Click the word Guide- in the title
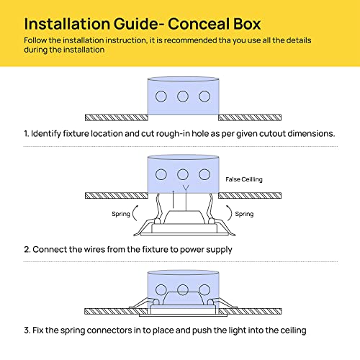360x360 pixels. pyautogui.click(x=139, y=24)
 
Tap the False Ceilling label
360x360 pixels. pyautogui.click(x=244, y=179)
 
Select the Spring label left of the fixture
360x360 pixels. pyautogui.click(x=121, y=214)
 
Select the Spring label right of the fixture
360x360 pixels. pyautogui.click(x=244, y=214)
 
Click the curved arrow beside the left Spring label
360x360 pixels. pyautogui.click(x=134, y=213)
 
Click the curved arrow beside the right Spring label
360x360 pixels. pyautogui.click(x=230, y=213)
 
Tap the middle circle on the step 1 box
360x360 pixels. pyautogui.click(x=183, y=96)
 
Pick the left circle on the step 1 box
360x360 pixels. pyautogui.click(x=161, y=96)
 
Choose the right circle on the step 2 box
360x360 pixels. pyautogui.click(x=204, y=174)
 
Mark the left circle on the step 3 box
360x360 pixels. pyautogui.click(x=161, y=289)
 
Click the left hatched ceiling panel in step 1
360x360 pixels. pyautogui.click(x=117, y=117)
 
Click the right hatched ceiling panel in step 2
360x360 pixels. pyautogui.click(x=250, y=196)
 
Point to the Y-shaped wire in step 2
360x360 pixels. pyautogui.click(x=186, y=198)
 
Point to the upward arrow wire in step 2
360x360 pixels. pyautogui.click(x=174, y=199)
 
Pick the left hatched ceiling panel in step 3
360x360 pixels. pyautogui.click(x=116, y=312)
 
